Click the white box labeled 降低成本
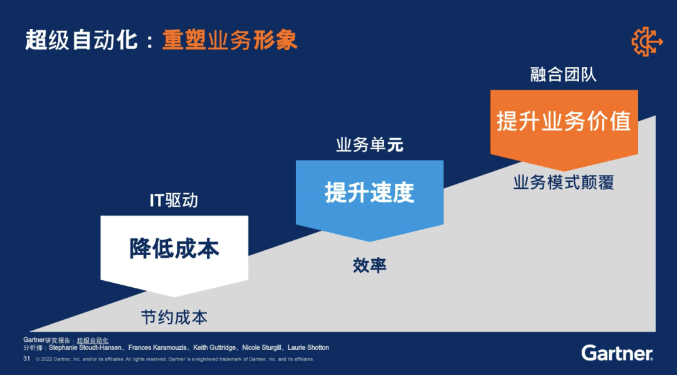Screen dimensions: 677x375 (174, 253)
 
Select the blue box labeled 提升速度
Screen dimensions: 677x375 (370, 196)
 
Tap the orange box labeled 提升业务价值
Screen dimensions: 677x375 (564, 127)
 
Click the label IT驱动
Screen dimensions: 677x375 (174, 201)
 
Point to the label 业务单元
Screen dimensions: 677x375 (370, 145)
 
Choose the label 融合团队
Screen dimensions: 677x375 (564, 75)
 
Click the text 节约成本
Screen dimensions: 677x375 (174, 317)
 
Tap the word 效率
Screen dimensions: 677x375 (370, 265)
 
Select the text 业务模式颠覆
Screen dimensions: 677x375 (564, 182)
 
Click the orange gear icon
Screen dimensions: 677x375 (646, 41)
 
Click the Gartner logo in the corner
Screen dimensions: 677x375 (617, 352)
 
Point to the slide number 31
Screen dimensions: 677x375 (26, 359)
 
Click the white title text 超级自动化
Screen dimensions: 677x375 (81, 41)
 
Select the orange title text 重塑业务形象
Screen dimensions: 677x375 (229, 41)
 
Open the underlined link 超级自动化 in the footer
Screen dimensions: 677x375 (93, 341)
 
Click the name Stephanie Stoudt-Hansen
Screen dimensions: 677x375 (85, 348)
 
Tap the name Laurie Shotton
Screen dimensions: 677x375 (308, 348)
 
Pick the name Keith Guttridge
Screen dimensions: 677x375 (215, 348)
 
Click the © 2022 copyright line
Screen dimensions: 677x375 (175, 359)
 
